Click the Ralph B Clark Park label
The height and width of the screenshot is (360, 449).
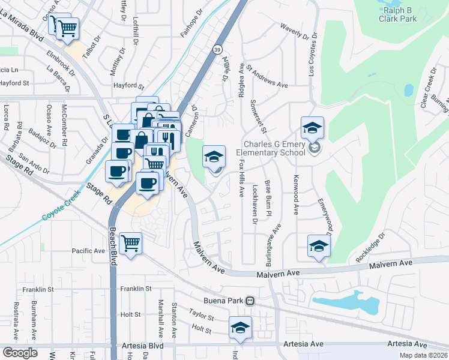(397, 14)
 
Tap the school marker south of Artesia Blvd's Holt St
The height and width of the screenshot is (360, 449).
(240, 328)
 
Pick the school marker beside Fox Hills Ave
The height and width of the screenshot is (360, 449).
(214, 157)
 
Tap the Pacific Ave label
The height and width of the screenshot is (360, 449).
(88, 251)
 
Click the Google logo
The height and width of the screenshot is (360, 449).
(20, 353)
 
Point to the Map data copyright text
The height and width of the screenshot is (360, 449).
(423, 355)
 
